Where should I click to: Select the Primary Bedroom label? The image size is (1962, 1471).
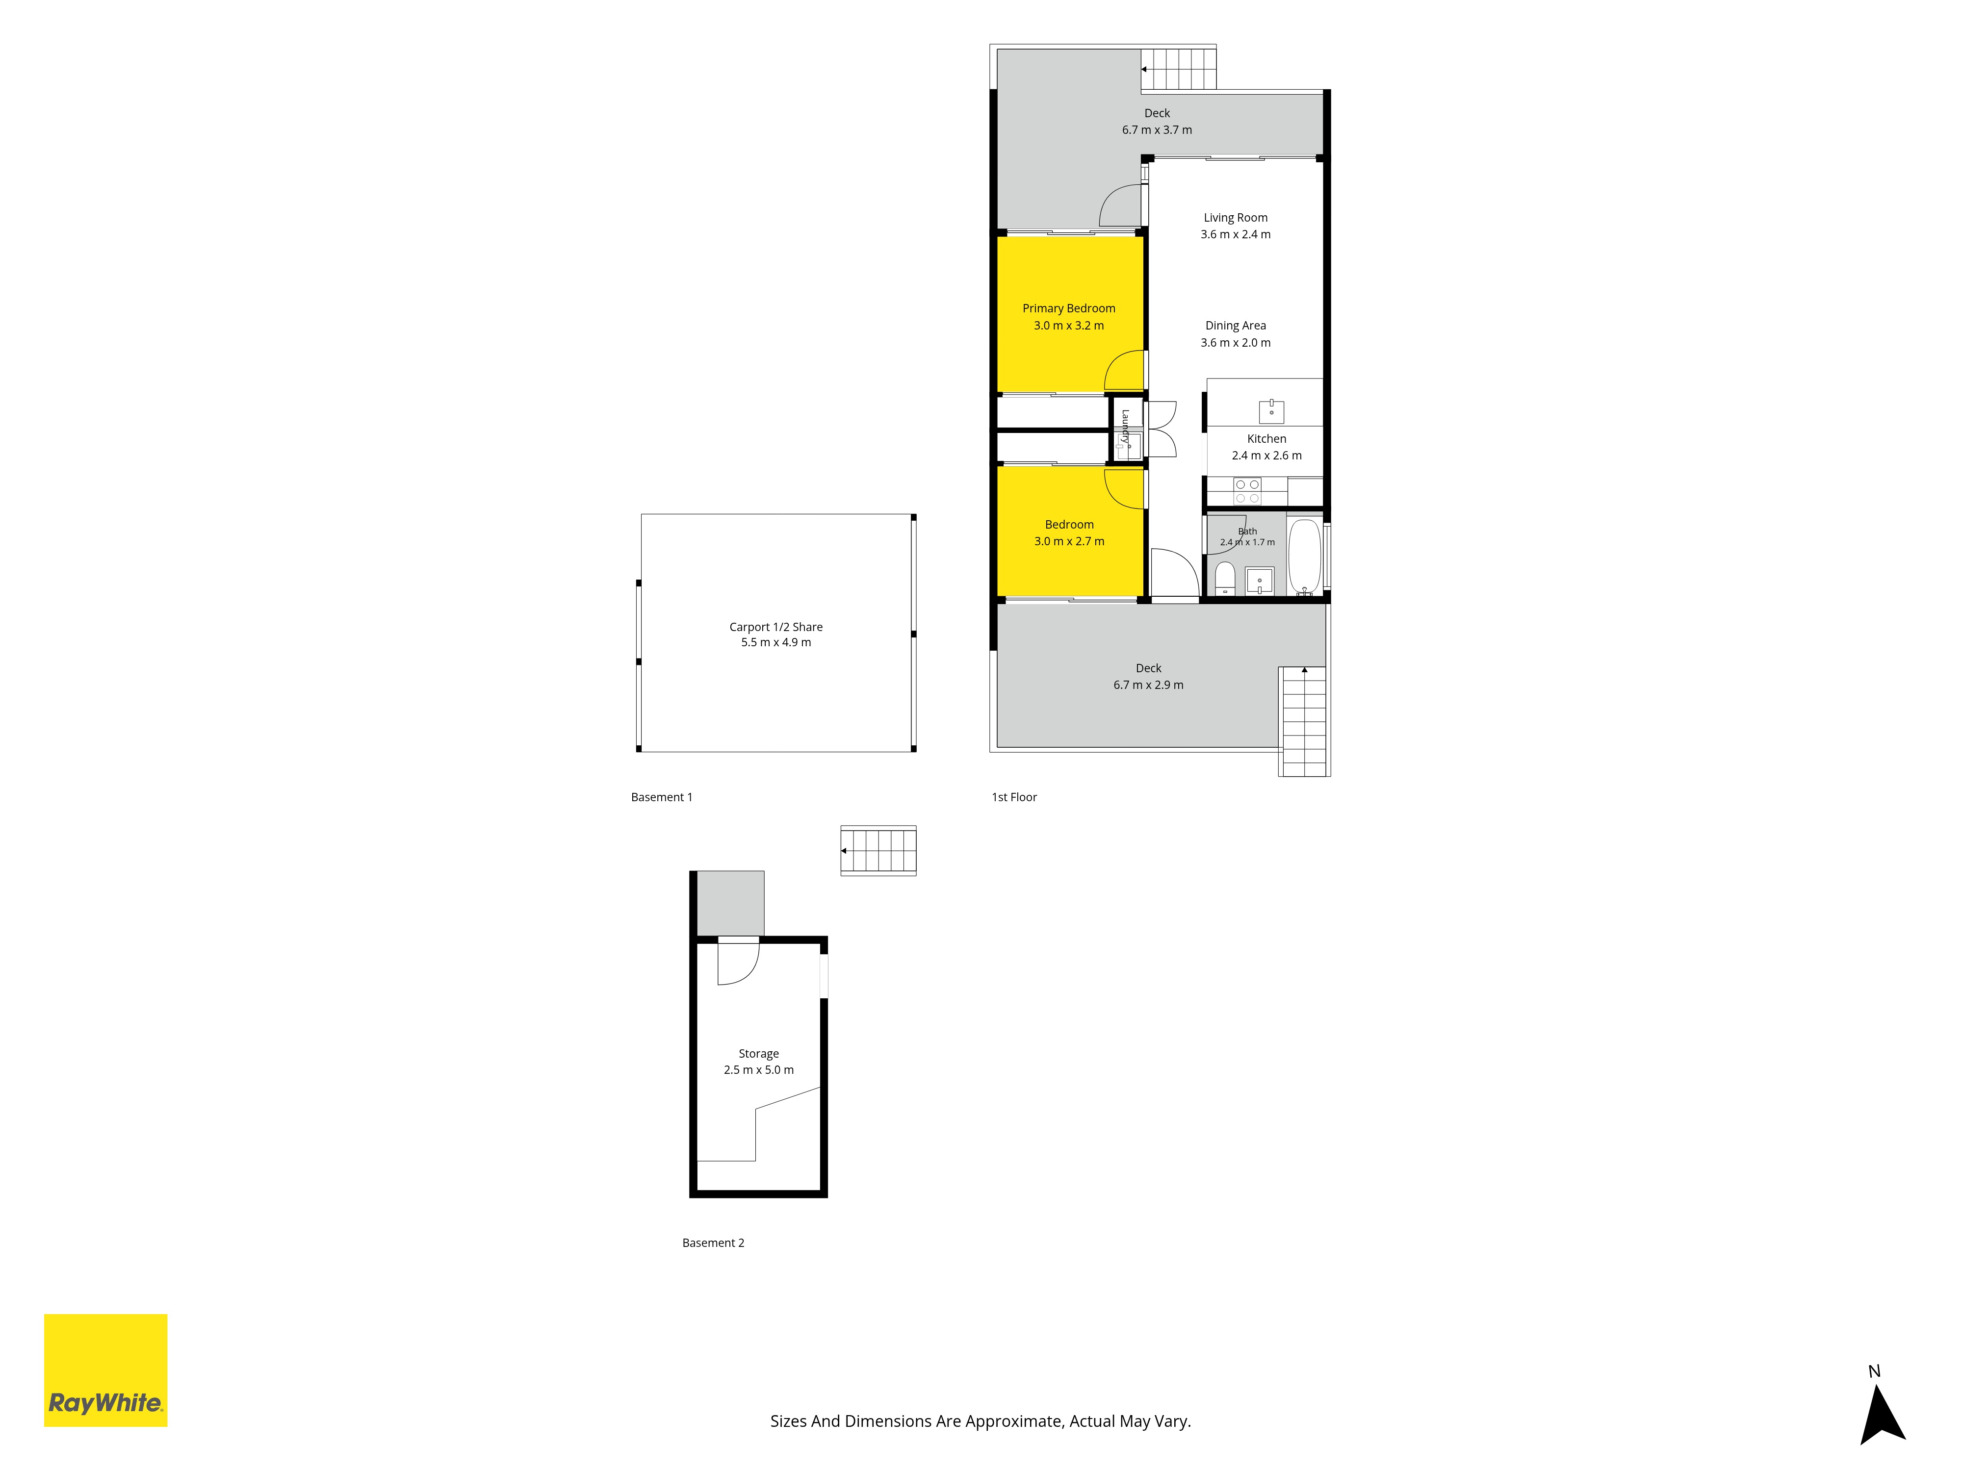1069,308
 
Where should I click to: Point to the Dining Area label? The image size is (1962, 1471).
1236,326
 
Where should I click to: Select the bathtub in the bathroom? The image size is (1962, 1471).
1304,556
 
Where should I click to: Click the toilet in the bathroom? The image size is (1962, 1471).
1225,577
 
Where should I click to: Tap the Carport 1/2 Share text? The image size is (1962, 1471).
776,627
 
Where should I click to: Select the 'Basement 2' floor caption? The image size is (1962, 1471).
713,1243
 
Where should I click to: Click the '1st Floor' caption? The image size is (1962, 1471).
1014,797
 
